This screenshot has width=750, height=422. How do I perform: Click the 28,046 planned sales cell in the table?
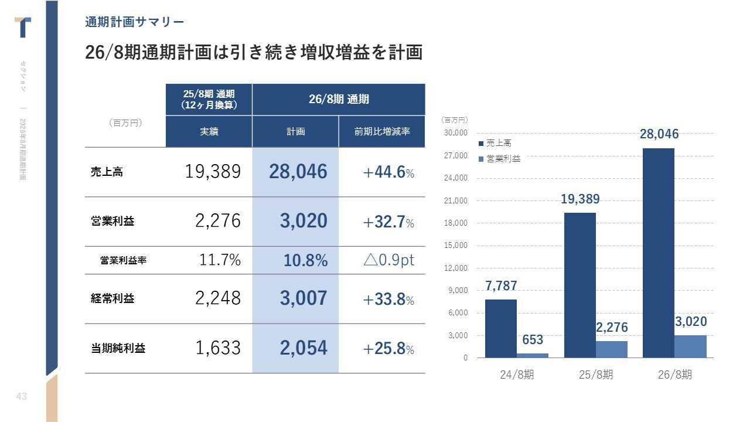coord(298,172)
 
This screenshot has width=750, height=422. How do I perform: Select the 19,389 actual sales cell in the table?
coord(213,172)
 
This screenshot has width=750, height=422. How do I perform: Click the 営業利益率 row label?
coord(123,261)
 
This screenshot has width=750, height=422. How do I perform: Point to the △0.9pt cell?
coord(388,260)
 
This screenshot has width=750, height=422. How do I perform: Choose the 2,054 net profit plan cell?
coord(303,348)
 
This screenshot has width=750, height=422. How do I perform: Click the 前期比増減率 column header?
coord(381,132)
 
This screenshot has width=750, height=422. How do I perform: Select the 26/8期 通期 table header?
coord(339,99)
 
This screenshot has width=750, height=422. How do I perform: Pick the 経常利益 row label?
coord(112,298)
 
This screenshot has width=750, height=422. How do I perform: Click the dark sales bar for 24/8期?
coord(500,328)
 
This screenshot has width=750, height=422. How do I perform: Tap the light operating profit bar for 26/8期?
coord(690,346)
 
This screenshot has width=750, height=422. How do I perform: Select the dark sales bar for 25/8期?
coord(579,285)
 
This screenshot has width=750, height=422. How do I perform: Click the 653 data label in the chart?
coord(532,340)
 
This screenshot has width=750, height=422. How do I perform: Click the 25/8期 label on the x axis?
coord(596,375)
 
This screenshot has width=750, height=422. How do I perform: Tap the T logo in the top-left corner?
coord(23,27)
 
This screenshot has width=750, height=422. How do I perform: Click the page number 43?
coord(21,397)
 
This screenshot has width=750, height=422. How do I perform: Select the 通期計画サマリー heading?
coord(134,22)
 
